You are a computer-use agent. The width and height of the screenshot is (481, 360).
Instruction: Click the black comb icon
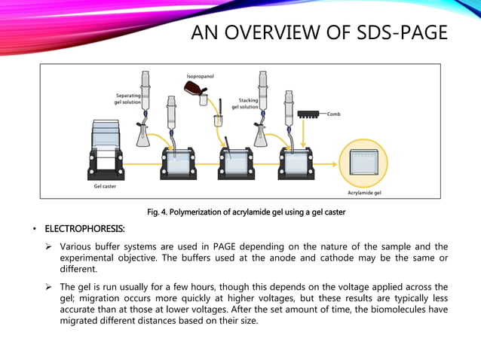(x=309, y=114)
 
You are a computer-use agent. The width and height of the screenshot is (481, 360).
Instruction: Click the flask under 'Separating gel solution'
(x=143, y=134)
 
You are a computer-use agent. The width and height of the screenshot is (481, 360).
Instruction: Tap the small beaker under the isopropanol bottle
(x=219, y=119)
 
